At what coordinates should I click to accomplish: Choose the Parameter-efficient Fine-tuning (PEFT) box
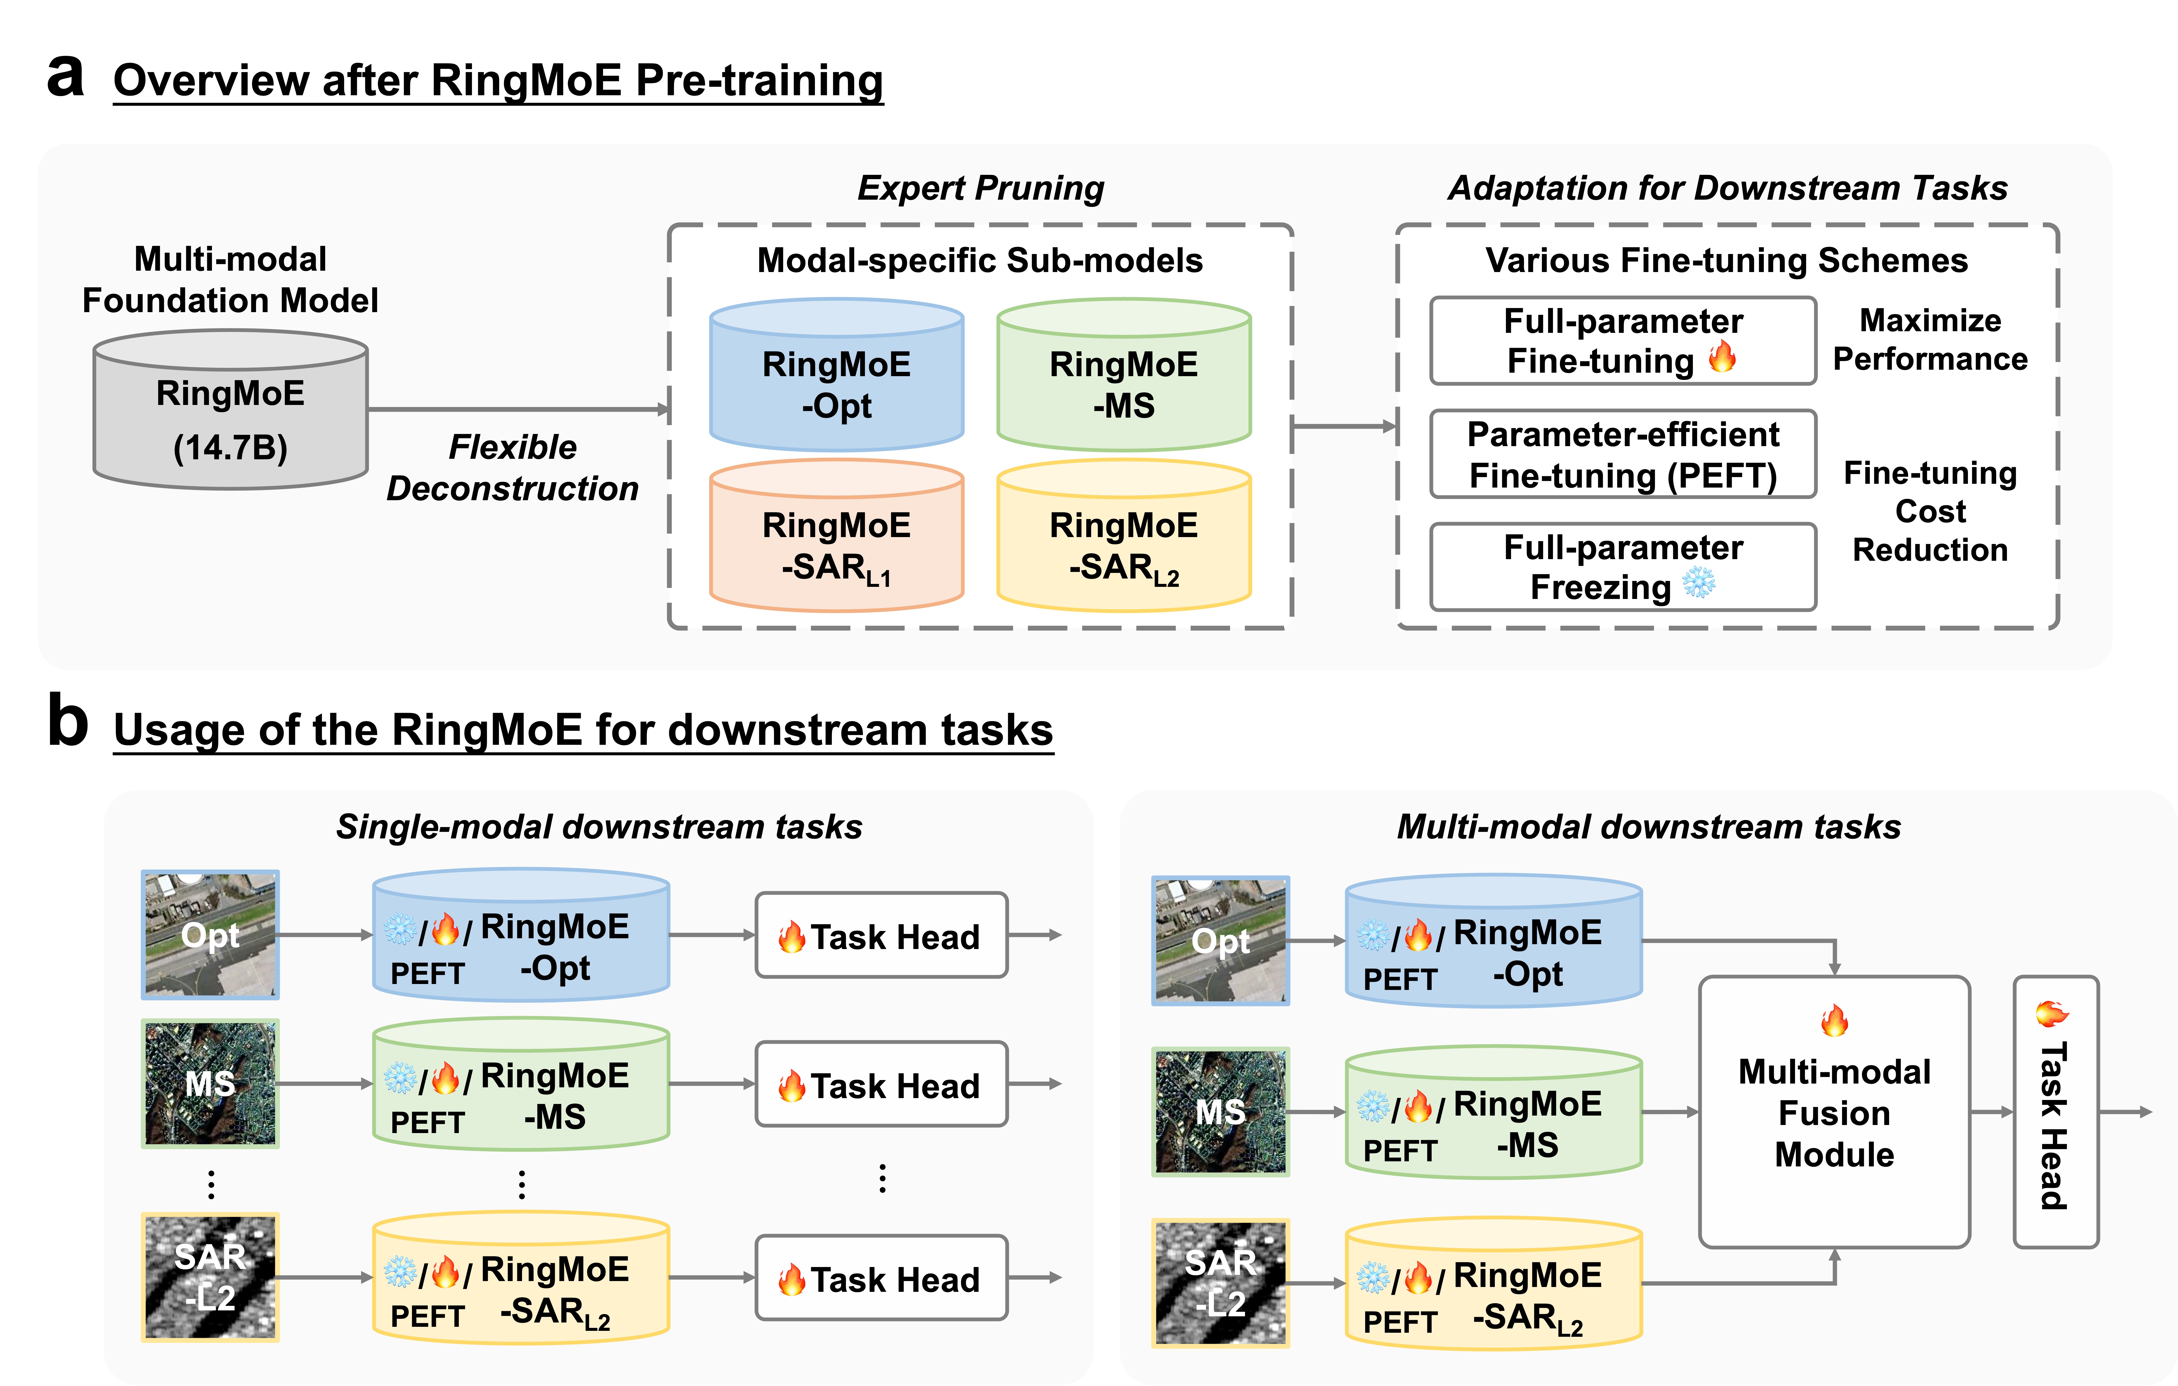pyautogui.click(x=1623, y=454)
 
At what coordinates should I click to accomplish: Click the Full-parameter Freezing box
pyautogui.click(x=1623, y=567)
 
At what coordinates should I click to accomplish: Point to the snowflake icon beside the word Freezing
pyautogui.click(x=1699, y=584)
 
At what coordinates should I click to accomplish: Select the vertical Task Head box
pyautogui.click(x=2055, y=1113)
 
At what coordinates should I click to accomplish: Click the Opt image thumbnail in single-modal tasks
pyautogui.click(x=210, y=934)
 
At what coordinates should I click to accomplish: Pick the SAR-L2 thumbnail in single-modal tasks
pyautogui.click(x=210, y=1276)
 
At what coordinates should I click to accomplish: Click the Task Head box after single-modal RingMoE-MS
pyautogui.click(x=881, y=1084)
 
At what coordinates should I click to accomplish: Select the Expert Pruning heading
pyautogui.click(x=980, y=188)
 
